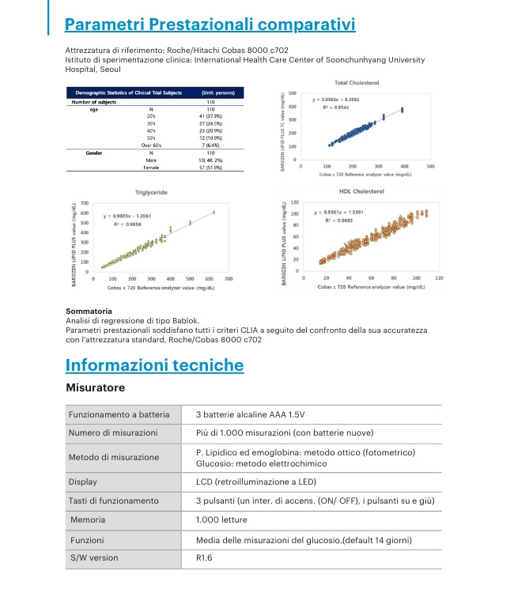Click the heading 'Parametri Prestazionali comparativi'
coord(210,25)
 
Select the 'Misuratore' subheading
coord(96,388)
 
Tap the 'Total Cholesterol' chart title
coord(357,83)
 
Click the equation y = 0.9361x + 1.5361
coord(342,213)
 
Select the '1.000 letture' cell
coord(221,519)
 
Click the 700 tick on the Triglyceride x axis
coord(229,279)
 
